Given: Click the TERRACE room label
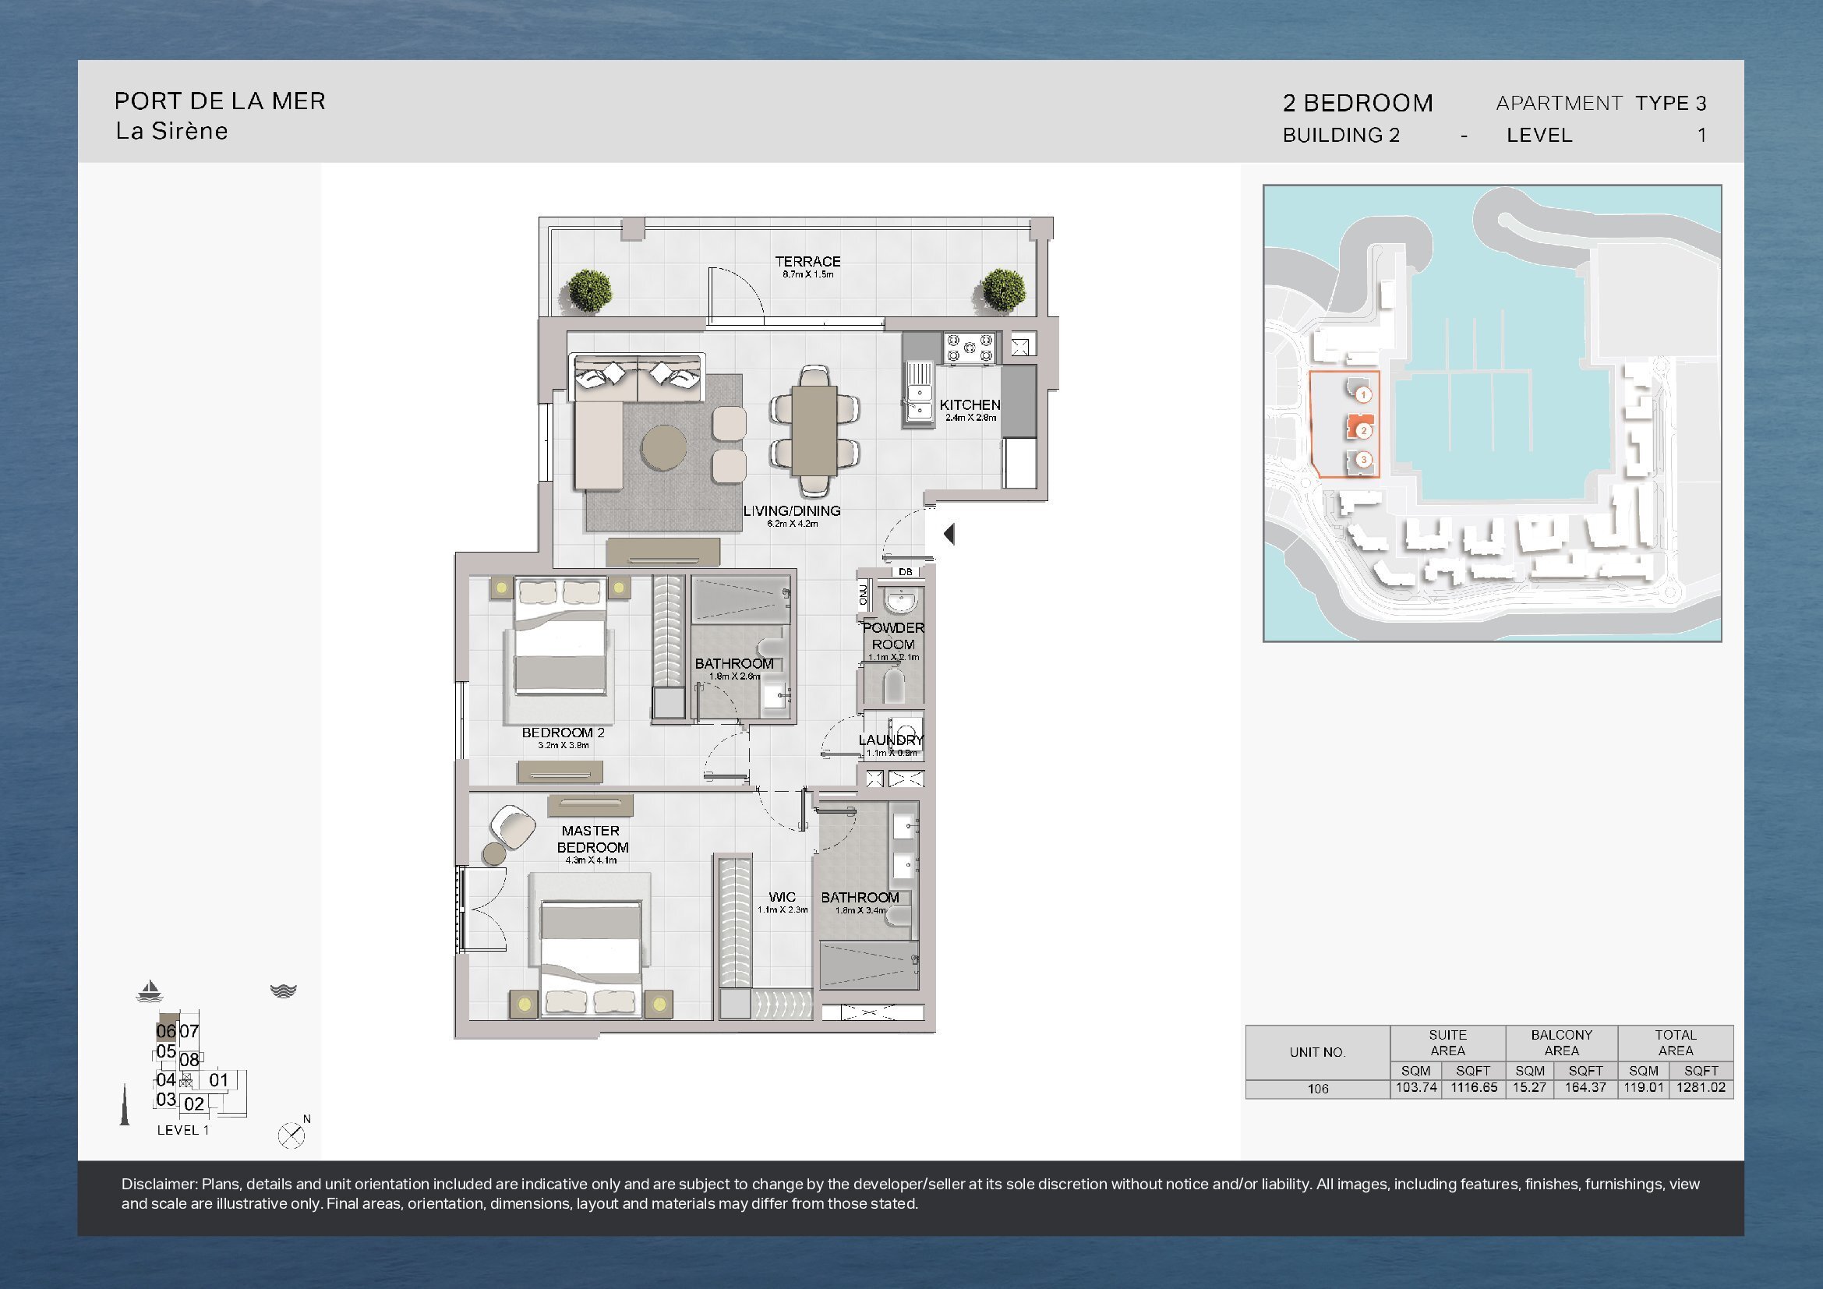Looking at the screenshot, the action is point(807,261).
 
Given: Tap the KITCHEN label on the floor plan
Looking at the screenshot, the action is point(970,404).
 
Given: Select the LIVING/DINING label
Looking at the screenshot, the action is point(792,511).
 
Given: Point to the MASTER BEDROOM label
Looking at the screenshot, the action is point(592,839).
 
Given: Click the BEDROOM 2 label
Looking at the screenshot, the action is point(563,733).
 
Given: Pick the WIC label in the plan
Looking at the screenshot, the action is point(782,898).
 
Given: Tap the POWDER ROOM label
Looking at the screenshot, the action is point(893,637).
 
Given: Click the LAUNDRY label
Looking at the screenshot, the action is point(891,740).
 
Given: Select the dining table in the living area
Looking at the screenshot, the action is point(814,429).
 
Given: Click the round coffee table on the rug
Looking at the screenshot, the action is point(665,449).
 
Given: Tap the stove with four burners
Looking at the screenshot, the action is point(970,348).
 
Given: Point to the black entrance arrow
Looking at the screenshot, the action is point(948,534).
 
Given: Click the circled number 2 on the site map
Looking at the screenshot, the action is point(1363,431).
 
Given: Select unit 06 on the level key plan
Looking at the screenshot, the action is point(166,1031).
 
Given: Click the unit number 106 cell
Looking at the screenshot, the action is point(1318,1089).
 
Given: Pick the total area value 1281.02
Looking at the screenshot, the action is point(1701,1087).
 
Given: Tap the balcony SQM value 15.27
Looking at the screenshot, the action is point(1529,1087).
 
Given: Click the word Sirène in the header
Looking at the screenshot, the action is point(193,131).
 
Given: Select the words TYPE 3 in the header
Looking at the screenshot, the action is point(1670,103).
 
